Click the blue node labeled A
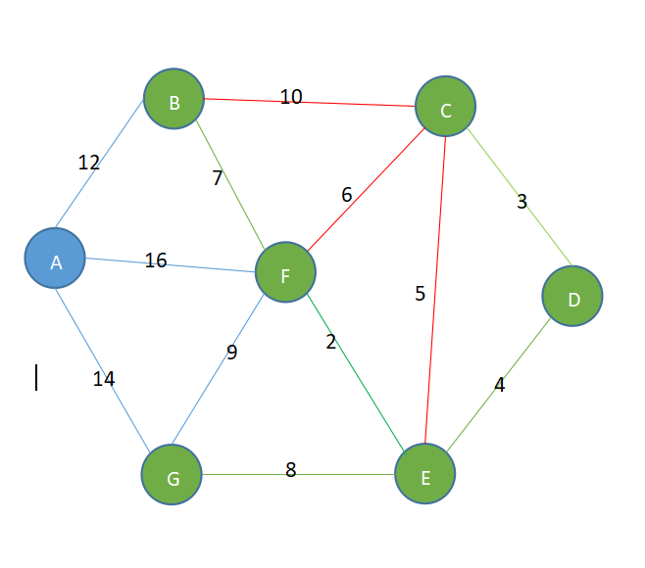pyautogui.click(x=55, y=260)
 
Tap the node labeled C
pyautogui.click(x=445, y=108)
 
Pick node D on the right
pyautogui.click(x=572, y=296)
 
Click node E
pyautogui.click(x=425, y=476)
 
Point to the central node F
pyautogui.click(x=285, y=273)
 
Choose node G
pyautogui.click(x=172, y=477)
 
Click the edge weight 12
pyautogui.click(x=89, y=163)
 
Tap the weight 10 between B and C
pyautogui.click(x=291, y=97)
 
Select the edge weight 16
pyautogui.click(x=156, y=260)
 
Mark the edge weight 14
pyautogui.click(x=104, y=379)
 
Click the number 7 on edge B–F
pyautogui.click(x=218, y=178)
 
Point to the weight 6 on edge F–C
pyautogui.click(x=347, y=195)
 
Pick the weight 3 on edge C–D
pyautogui.click(x=521, y=202)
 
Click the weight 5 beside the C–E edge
pyautogui.click(x=421, y=294)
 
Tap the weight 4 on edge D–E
pyautogui.click(x=499, y=385)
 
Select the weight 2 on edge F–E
pyautogui.click(x=331, y=342)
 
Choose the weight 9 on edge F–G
pyautogui.click(x=231, y=353)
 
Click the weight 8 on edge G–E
pyautogui.click(x=290, y=470)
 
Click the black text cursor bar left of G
pyautogui.click(x=36, y=378)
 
